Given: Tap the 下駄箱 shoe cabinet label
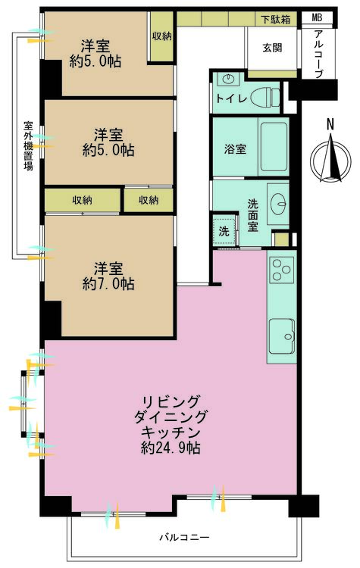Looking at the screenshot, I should point(277,19).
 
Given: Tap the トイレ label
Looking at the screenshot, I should point(230,98).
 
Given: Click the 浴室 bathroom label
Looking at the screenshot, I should point(234,149).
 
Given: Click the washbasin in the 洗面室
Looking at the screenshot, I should point(279,201).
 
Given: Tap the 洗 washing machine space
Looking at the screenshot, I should point(224,230).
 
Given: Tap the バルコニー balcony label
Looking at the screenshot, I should point(183,537).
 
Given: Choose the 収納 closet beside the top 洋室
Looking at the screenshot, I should point(161,36).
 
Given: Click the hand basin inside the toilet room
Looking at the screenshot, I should point(227,78).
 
